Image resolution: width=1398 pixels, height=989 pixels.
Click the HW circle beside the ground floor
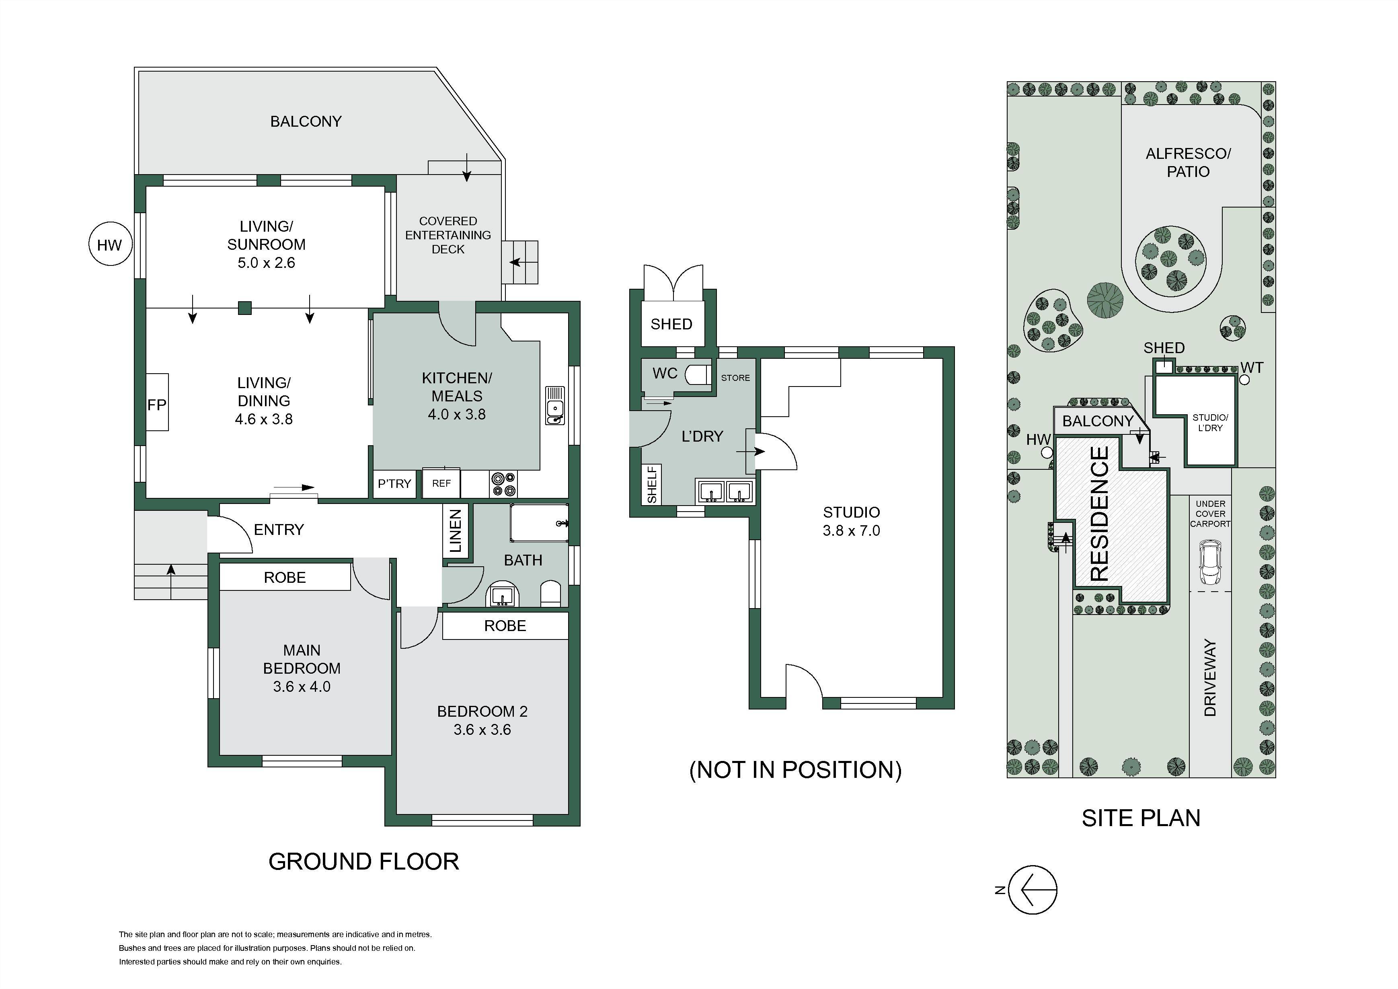[x=110, y=245]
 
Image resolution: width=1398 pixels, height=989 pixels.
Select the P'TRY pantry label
[x=394, y=483]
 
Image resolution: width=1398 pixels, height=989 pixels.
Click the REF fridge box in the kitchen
[x=441, y=483]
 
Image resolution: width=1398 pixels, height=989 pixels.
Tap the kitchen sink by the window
[x=555, y=405]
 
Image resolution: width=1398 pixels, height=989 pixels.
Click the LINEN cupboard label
[x=456, y=530]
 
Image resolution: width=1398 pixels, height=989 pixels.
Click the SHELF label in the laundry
[x=652, y=485]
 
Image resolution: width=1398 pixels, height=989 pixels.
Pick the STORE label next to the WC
[x=735, y=378]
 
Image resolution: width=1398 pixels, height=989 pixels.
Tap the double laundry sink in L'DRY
[x=725, y=491]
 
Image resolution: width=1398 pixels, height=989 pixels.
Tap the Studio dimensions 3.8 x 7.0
[x=851, y=530]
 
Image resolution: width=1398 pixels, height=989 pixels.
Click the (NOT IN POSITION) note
[x=795, y=770]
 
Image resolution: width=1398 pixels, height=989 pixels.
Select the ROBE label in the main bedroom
[x=285, y=577]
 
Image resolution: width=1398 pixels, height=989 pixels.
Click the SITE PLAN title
[x=1141, y=818]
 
